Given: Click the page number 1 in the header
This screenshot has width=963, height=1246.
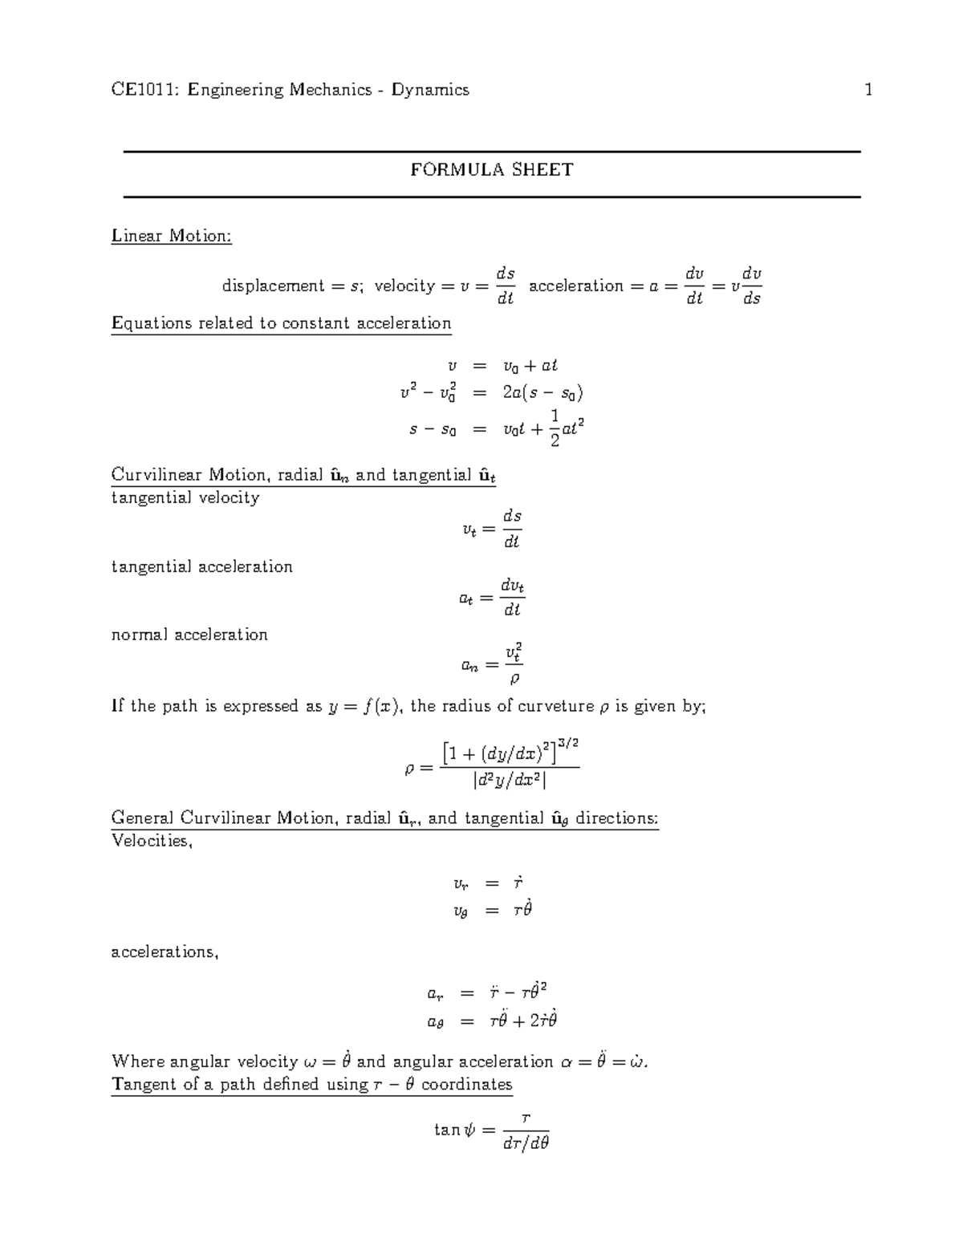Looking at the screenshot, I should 868,90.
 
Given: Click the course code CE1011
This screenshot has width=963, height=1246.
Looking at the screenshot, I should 145,90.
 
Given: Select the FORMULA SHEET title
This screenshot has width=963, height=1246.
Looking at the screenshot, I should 491,170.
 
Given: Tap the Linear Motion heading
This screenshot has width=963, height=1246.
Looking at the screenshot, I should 171,236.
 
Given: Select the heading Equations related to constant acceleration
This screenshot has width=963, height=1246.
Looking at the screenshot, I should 281,323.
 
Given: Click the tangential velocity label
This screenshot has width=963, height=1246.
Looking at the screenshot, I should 185,497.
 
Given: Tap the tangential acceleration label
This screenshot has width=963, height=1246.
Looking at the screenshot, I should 201,566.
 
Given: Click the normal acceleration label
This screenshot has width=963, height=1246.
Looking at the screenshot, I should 189,635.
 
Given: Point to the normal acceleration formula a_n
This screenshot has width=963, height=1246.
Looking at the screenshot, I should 492,664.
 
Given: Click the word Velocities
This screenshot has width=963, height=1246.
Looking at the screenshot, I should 151,842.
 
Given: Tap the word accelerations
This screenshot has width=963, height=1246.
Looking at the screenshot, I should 165,952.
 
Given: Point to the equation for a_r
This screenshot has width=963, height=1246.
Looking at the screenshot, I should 487,993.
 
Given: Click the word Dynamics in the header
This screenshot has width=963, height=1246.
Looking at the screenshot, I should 430,90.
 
